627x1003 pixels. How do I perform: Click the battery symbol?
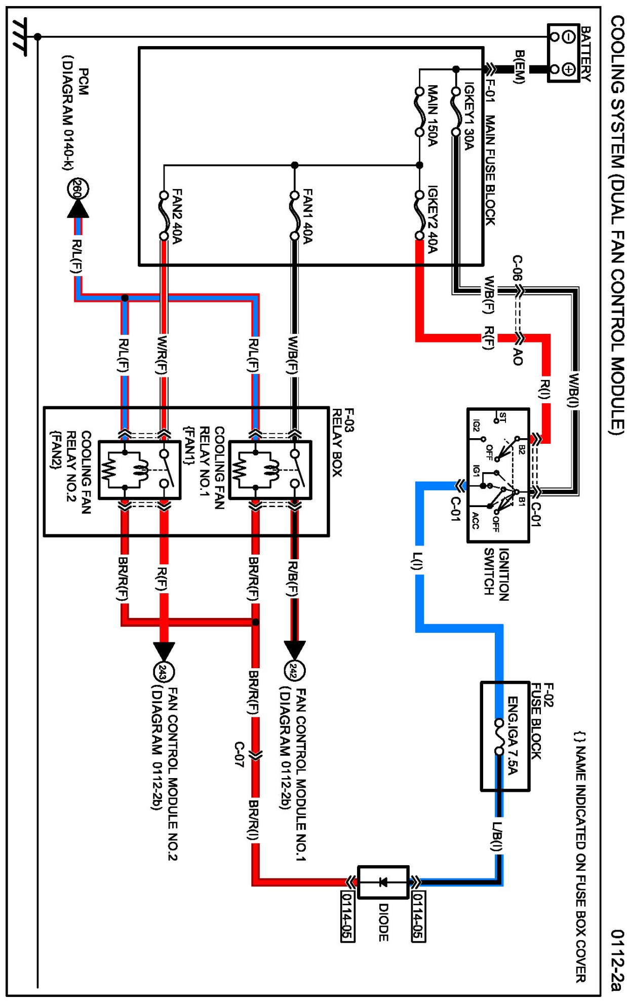[x=564, y=53]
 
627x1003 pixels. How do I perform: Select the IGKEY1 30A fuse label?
[x=469, y=116]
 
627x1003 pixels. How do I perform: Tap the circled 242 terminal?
[x=295, y=672]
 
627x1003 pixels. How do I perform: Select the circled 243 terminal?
[x=163, y=673]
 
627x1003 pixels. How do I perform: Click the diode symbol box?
[x=383, y=882]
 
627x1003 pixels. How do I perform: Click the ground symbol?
[x=20, y=36]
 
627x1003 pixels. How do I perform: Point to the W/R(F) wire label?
[x=162, y=355]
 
